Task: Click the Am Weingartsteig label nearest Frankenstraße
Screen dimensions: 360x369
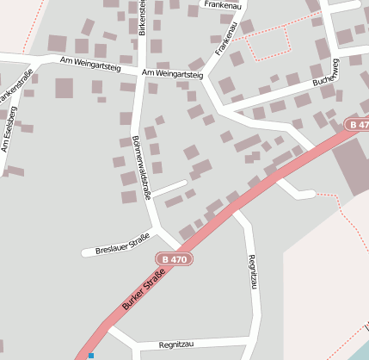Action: coord(89,61)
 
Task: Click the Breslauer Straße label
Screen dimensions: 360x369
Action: coord(123,242)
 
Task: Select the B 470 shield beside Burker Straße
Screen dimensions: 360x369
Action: coord(173,258)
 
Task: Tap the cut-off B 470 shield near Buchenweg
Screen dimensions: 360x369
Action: coord(358,125)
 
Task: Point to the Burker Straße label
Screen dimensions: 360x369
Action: coord(143,289)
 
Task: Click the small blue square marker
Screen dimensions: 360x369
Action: coord(90,355)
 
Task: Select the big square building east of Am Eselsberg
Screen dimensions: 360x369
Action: coord(65,88)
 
